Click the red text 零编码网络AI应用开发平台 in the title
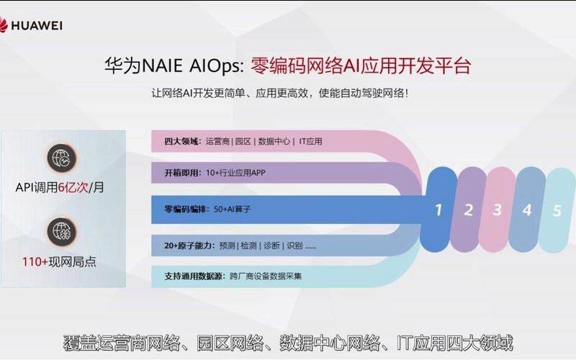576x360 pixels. point(360,66)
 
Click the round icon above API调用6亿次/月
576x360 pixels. point(60,157)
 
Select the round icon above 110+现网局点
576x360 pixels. point(60,230)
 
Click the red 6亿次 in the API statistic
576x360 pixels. point(73,187)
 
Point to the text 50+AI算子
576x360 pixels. point(232,209)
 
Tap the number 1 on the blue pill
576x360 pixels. point(438,210)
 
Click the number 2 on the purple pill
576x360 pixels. point(468,210)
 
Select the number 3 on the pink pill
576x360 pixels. point(497,210)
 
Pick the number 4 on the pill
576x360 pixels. point(526,210)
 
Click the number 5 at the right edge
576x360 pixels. point(556,210)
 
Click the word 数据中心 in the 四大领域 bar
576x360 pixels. point(274,141)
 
